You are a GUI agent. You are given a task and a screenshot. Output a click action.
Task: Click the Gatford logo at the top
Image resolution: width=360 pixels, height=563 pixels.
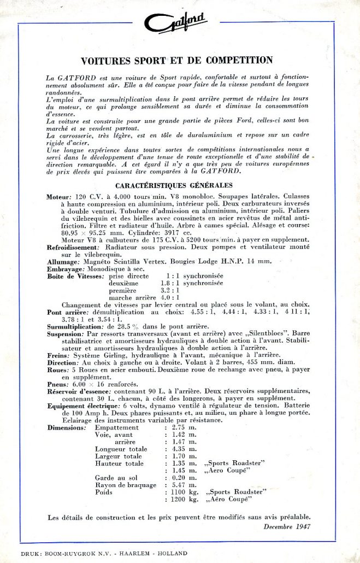coord(178,24)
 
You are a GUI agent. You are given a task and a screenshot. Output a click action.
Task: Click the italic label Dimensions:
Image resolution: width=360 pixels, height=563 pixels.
coord(67,427)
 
